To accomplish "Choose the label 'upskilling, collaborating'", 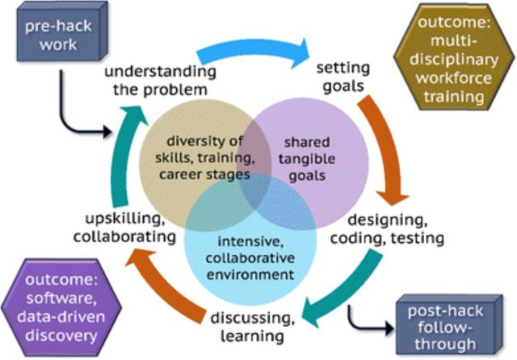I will (x=124, y=228).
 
